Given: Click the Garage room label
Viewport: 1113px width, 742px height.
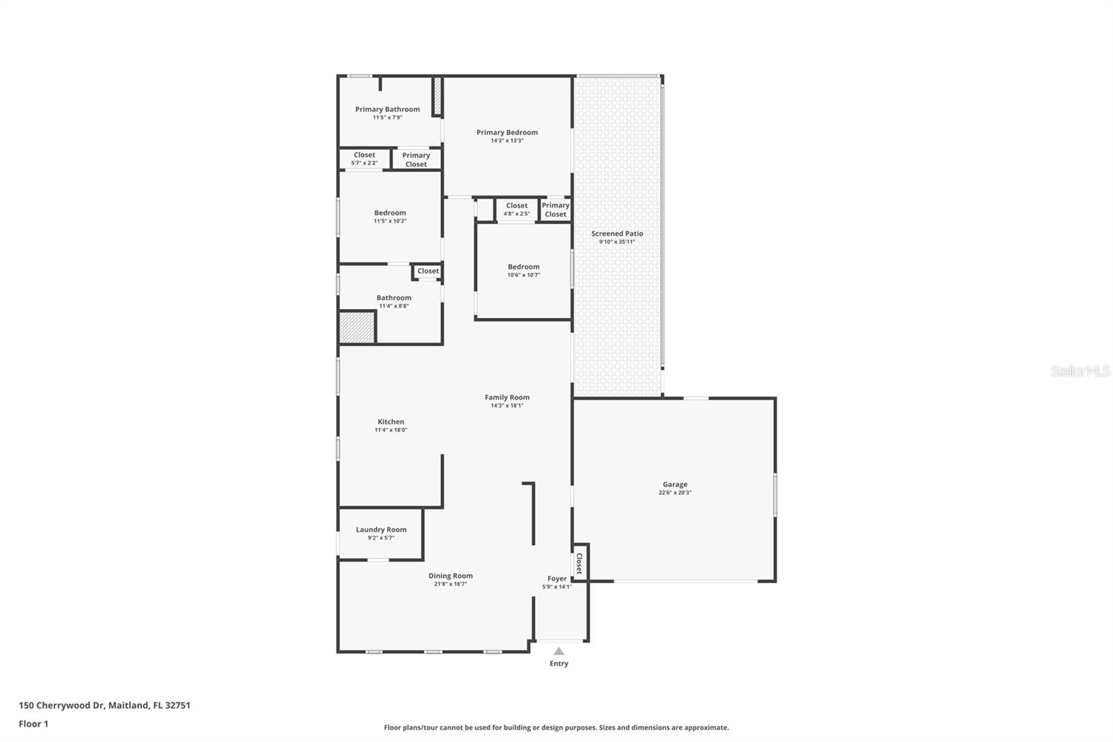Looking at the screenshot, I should coord(675,484).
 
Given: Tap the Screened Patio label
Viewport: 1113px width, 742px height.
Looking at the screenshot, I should coord(617,234).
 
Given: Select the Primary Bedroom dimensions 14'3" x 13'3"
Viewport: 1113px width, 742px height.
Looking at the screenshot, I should coord(507,141).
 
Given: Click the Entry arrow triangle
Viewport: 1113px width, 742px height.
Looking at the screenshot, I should coord(559,652).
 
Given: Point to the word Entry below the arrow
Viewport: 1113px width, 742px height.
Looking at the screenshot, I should coord(559,664).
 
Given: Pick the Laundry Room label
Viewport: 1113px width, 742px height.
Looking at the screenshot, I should coord(381,530).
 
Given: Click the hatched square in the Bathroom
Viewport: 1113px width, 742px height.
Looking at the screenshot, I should coord(357,328).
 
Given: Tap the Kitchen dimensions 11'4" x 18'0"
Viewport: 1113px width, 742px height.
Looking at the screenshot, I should coord(391,430).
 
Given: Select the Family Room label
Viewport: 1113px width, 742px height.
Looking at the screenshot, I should coord(507,397).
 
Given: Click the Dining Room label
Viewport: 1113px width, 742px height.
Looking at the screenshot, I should coord(450,576).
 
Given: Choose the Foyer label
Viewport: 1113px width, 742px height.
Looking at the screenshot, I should coord(557,578).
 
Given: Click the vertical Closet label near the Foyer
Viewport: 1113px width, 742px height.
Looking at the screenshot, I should coord(579,564).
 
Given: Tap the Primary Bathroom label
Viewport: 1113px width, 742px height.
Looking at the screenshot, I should coord(387,109).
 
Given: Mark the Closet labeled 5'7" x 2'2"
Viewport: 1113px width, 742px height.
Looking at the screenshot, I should coord(365,159).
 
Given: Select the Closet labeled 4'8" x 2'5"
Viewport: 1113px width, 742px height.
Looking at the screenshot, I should coord(517,209).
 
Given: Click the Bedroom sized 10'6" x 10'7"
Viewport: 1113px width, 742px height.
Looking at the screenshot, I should coord(524,270).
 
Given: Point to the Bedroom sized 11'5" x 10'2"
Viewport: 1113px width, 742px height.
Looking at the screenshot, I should coord(390,216).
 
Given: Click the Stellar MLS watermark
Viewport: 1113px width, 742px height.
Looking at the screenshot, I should coord(1080,371).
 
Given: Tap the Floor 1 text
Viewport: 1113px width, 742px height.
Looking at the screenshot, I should coord(33,724).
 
